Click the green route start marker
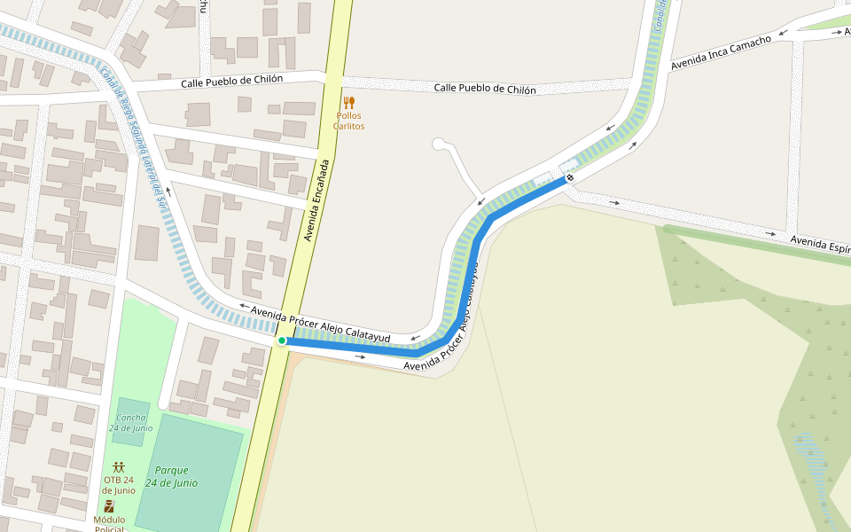pyautogui.click(x=282, y=340)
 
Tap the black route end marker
pyautogui.click(x=570, y=177)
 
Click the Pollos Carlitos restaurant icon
pyautogui.click(x=348, y=103)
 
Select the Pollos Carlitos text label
pyautogui.click(x=348, y=121)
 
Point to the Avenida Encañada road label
pyautogui.click(x=317, y=200)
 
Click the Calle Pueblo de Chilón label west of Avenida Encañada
pyautogui.click(x=231, y=81)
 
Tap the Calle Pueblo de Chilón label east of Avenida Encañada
pyautogui.click(x=484, y=89)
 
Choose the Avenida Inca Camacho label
pyautogui.click(x=720, y=53)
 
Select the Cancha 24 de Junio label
pyautogui.click(x=131, y=422)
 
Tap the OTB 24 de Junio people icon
pyautogui.click(x=119, y=466)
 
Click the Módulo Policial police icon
pyautogui.click(x=109, y=506)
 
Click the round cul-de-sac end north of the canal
pyautogui.click(x=437, y=144)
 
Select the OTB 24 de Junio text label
pyautogui.click(x=119, y=485)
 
